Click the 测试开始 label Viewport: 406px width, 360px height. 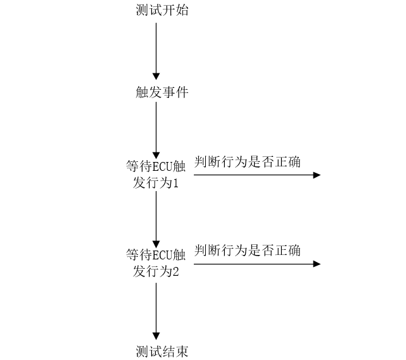162,11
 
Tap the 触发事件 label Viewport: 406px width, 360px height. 162,92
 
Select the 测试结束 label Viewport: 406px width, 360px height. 162,351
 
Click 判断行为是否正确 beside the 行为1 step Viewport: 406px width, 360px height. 248,162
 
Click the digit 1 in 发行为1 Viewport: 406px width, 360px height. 177,183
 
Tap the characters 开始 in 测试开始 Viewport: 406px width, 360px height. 175,11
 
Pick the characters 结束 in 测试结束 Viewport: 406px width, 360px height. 175,351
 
